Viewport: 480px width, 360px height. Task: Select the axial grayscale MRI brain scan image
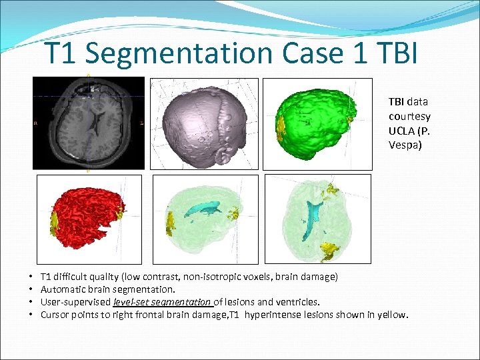(x=89, y=123)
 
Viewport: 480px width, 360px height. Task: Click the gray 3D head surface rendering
(x=201, y=123)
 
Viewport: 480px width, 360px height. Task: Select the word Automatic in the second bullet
(x=63, y=289)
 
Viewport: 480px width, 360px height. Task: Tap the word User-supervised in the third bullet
(x=76, y=302)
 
